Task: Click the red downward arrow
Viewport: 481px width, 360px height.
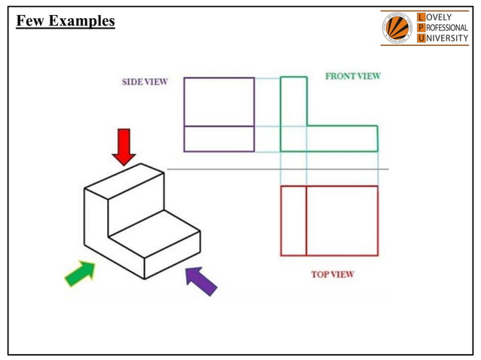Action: [124, 146]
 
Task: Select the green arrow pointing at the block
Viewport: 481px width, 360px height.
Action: [80, 273]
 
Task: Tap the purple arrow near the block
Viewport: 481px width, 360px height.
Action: [201, 280]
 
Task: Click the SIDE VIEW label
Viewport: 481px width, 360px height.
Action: [145, 82]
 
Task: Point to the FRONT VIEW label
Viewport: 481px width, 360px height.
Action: [352, 76]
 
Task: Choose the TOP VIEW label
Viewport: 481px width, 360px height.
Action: [332, 274]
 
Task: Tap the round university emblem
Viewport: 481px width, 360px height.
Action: [397, 29]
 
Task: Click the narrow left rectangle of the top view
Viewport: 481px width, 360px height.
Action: [293, 221]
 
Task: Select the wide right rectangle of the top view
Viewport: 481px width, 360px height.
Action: [342, 221]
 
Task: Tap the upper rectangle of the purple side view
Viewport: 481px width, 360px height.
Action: [219, 102]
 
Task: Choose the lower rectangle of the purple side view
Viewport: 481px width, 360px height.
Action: [219, 139]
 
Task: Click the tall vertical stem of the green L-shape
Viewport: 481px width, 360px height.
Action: [293, 105]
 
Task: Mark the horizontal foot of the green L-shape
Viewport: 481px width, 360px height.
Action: [339, 139]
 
